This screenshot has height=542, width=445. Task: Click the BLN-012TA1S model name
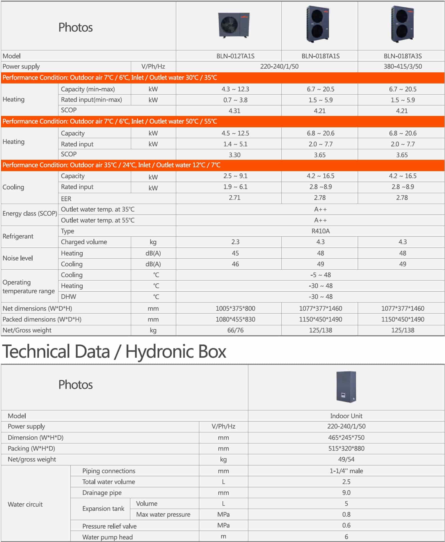point(235,56)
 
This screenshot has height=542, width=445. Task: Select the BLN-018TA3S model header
point(403,56)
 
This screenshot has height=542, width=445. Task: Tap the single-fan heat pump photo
point(234,25)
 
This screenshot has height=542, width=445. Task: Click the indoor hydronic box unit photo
point(346,386)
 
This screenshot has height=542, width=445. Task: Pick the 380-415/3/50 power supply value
point(403,66)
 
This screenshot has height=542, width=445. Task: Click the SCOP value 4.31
point(234,111)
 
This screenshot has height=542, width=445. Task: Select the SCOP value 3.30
point(234,155)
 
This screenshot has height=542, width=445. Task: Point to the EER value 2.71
point(234,198)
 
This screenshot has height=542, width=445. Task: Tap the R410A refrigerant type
point(320,231)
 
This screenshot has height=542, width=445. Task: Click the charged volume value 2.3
point(235,242)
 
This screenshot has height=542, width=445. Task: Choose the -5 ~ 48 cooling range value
point(320,275)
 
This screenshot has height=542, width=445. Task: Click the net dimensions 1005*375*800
point(235,308)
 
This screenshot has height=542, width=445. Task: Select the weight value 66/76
point(235,330)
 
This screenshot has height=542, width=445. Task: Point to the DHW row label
point(68,296)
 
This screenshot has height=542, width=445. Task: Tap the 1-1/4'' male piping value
point(346,471)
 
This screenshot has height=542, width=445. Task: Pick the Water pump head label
point(107,537)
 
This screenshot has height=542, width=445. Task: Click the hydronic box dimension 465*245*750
point(346,437)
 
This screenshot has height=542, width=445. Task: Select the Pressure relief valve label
point(109,526)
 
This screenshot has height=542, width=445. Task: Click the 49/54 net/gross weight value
point(346,459)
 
